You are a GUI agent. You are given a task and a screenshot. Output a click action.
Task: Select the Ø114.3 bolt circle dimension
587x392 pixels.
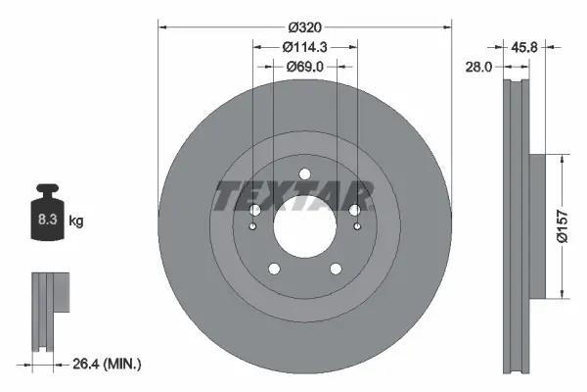click(x=304, y=46)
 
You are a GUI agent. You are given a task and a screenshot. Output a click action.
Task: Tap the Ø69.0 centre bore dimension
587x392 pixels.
click(x=304, y=66)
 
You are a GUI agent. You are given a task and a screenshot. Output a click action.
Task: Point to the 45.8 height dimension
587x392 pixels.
click(x=526, y=45)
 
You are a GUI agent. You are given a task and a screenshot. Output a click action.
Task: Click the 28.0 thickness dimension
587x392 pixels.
click(x=479, y=67)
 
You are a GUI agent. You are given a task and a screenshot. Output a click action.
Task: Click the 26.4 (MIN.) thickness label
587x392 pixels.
click(x=108, y=365)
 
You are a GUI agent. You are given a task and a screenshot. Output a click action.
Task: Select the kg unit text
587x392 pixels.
click(x=76, y=221)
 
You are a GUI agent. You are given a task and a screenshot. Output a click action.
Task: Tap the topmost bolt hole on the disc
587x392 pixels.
click(x=304, y=174)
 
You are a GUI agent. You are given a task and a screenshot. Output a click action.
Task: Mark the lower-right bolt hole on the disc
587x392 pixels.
click(x=336, y=269)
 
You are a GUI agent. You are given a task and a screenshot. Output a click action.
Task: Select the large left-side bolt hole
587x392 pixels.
click(x=254, y=210)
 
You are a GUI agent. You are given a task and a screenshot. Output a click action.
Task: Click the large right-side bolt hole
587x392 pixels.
click(x=355, y=210)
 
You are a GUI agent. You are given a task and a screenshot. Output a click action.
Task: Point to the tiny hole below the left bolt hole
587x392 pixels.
click(x=253, y=228)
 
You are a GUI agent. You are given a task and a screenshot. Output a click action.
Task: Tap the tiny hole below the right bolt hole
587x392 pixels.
click(x=356, y=228)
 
